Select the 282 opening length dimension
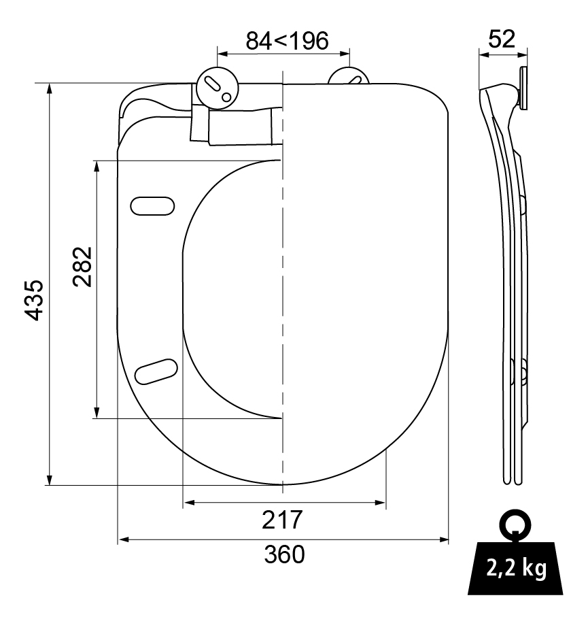pos(83,267)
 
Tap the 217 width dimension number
pos(282,520)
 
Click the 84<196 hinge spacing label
pos(287,41)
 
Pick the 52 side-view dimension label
pos(502,39)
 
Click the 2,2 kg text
pos(517,568)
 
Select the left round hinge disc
pos(217,87)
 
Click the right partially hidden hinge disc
pos(349,76)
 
